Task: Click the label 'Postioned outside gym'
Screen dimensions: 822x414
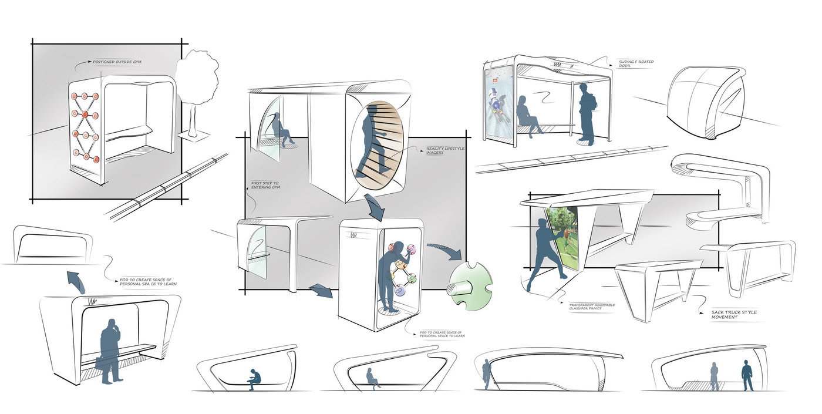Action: [117, 62]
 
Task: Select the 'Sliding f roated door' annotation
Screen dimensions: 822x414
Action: [635, 63]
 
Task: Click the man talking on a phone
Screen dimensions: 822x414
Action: [110, 351]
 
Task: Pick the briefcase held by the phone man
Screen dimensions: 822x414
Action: [101, 361]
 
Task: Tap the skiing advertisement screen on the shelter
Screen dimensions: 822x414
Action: [498, 103]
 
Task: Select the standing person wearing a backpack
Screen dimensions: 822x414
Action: [586, 112]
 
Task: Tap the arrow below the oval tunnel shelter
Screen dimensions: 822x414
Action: [374, 207]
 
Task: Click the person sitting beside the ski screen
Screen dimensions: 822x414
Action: [527, 116]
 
